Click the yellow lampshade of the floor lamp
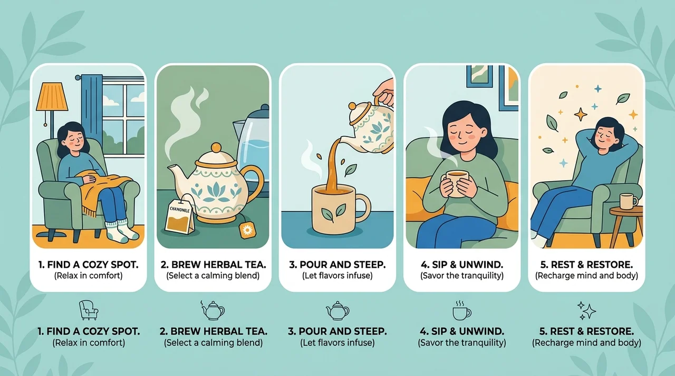point(52,96)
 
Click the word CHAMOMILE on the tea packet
point(180,210)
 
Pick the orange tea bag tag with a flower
point(247,230)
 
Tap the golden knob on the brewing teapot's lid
point(216,147)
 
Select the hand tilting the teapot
point(384,92)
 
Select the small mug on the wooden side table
point(628,201)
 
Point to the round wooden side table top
point(626,211)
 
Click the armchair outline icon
point(89,310)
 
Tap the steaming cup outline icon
point(461,310)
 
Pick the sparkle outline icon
point(586,311)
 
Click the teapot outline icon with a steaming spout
point(213,310)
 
